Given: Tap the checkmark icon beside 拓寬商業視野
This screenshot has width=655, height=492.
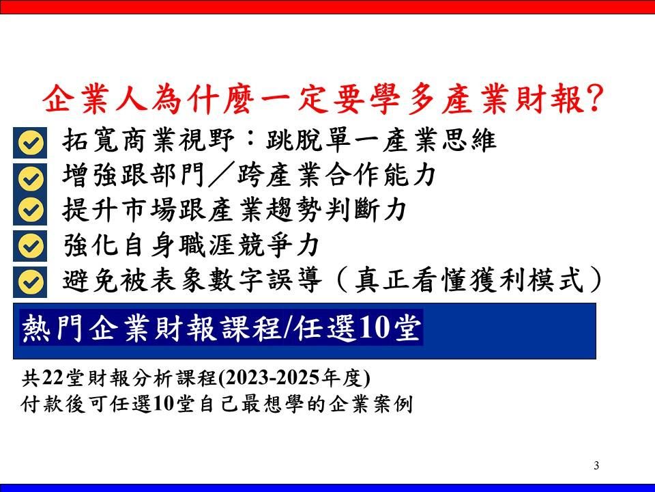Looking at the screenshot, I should (30, 143).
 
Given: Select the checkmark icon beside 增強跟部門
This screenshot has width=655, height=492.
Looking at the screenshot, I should (30, 178).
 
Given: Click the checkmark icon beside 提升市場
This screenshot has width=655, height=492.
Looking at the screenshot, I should (30, 210).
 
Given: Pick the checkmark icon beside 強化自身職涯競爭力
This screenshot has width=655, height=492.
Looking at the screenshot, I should (30, 245).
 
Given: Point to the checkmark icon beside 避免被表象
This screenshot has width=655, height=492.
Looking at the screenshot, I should (30, 281).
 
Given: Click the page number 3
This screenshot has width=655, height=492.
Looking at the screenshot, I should (596, 466).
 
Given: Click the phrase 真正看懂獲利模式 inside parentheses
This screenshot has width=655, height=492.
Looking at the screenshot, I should (471, 280).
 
